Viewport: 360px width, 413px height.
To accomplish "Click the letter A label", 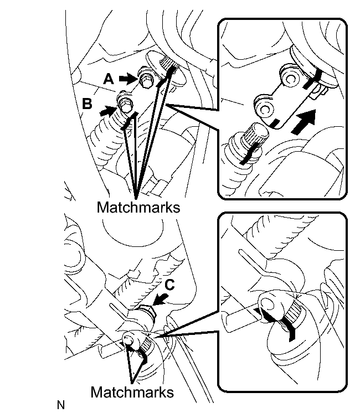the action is coord(109,79).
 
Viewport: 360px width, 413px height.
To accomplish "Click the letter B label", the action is coord(88,104).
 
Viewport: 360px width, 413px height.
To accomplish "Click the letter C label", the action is coord(169,285).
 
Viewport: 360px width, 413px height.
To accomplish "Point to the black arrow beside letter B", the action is coord(109,111).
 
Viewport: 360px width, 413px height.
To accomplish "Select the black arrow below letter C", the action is coord(160,300).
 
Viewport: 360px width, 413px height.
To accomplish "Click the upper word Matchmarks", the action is coord(138,207).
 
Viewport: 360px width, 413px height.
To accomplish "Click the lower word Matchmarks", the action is coord(132,392).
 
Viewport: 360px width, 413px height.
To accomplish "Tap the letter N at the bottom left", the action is coord(61,405).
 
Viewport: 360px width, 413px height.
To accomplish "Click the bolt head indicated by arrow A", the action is coord(146,80).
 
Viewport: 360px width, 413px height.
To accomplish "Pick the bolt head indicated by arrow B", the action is coord(125,106).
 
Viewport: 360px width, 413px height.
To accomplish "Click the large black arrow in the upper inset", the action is coord(305,122).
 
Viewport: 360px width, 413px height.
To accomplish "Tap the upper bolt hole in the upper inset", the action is coord(289,79).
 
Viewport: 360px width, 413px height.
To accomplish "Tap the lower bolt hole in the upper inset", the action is coord(264,108).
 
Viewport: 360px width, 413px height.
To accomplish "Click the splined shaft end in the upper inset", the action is coord(257,135).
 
